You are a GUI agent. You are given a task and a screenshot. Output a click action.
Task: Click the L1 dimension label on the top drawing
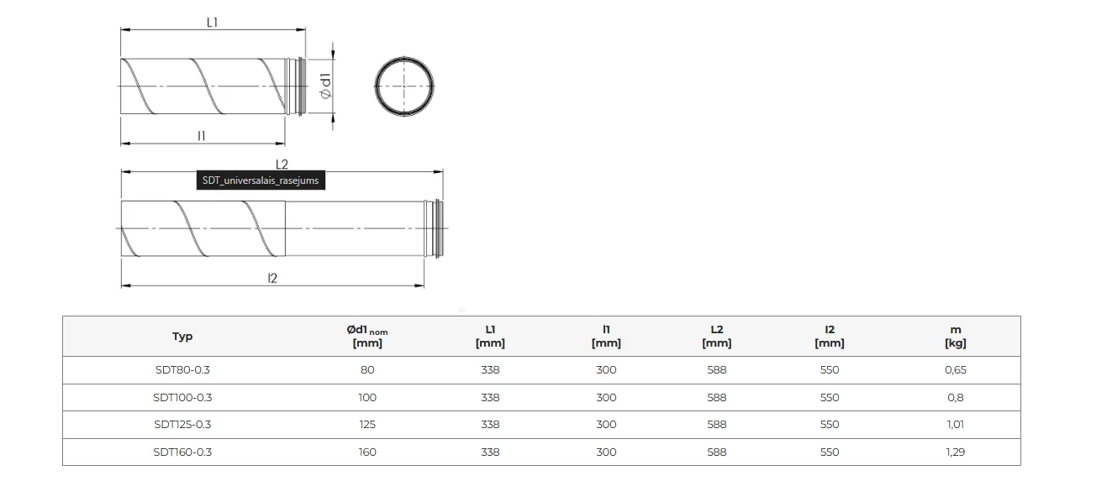(212, 22)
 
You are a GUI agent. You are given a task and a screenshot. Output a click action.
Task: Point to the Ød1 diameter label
(325, 86)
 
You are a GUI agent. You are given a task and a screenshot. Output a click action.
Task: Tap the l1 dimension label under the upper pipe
(201, 136)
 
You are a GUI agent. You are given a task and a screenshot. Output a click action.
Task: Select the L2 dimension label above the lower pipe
(282, 165)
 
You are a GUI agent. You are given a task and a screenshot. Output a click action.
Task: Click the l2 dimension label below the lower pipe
(272, 278)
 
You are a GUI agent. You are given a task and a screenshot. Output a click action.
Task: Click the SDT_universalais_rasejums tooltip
(261, 180)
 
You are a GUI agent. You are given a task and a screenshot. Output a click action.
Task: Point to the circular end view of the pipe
(403, 57)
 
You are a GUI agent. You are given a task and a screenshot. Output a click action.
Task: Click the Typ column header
(182, 337)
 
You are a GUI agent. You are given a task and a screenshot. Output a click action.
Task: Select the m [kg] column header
(956, 336)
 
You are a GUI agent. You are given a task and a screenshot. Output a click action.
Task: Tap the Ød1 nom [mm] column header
(367, 336)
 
